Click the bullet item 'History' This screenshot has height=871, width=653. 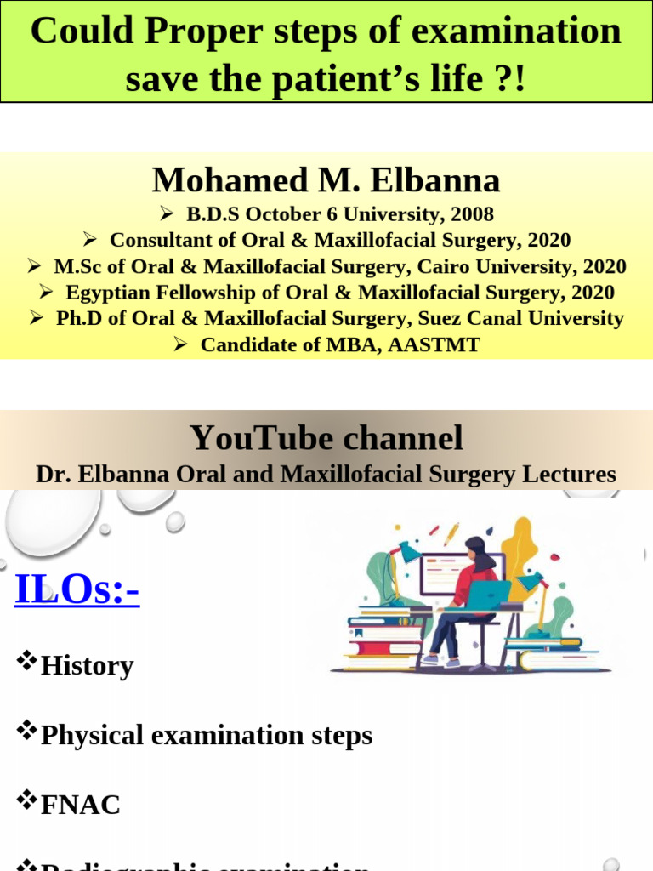point(87,665)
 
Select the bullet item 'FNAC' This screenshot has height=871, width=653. point(81,805)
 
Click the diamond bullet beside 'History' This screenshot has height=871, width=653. point(27,659)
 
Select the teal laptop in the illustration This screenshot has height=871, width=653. point(488,595)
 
